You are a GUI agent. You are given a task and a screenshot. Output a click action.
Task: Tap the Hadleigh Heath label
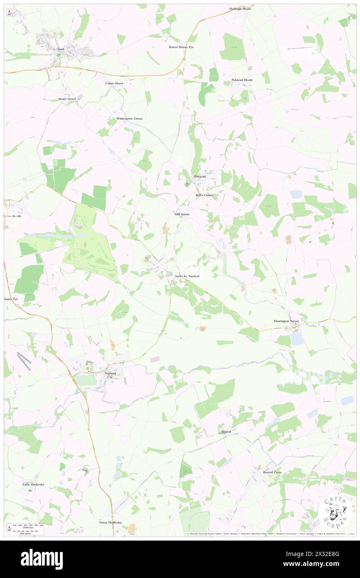click(x=240, y=9)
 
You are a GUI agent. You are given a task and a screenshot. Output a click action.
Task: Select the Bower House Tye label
click(x=181, y=47)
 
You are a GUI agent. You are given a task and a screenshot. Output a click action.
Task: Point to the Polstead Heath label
click(x=242, y=80)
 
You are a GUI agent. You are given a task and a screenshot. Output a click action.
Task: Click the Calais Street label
click(x=114, y=83)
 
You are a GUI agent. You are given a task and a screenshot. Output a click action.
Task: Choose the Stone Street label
click(x=67, y=99)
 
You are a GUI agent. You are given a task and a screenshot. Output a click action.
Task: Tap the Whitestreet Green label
click(x=129, y=119)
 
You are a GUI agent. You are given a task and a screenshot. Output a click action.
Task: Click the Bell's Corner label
click(x=204, y=195)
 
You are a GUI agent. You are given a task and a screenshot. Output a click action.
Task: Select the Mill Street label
click(x=182, y=214)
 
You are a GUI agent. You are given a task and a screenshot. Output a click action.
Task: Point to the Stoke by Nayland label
click(x=185, y=276)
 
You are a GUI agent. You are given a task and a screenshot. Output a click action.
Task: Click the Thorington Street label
click(x=286, y=321)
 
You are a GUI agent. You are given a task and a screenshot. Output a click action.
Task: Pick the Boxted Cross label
click(x=272, y=472)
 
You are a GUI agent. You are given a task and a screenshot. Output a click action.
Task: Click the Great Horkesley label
click(x=111, y=522)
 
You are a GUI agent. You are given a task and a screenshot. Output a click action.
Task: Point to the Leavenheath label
click(x=12, y=216)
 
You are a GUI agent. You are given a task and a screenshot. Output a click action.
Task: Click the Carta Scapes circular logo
click(x=332, y=512)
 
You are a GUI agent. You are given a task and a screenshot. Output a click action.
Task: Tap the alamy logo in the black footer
click(x=42, y=559)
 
